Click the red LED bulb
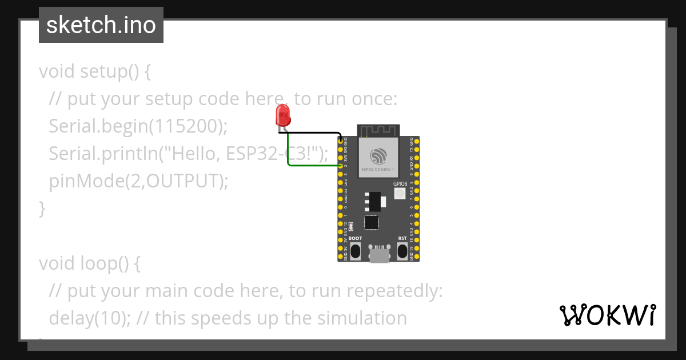tap(282, 116)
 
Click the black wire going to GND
tap(314, 133)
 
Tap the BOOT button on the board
tap(355, 250)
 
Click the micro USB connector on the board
tap(379, 255)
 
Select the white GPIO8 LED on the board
tap(400, 194)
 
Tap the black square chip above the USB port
tap(372, 222)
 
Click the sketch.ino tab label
tap(101, 25)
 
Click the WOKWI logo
tap(607, 315)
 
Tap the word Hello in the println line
tap(191, 154)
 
